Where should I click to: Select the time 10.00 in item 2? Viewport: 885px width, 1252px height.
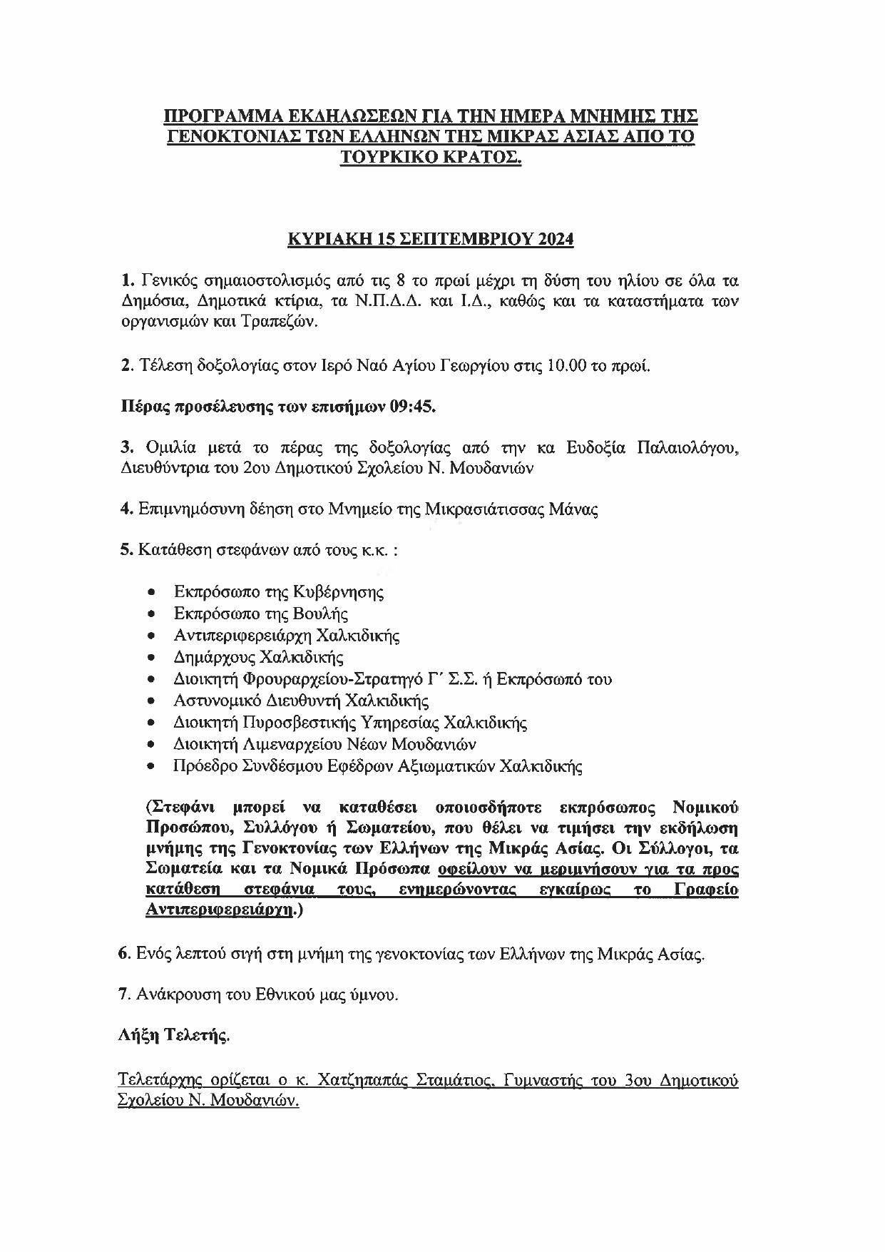pos(566,367)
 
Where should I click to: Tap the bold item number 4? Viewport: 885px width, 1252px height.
pos(124,509)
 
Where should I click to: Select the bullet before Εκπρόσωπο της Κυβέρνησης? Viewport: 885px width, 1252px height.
pos(151,592)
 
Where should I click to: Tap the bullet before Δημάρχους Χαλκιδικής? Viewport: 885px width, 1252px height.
pos(151,658)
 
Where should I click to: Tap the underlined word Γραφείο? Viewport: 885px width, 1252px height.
pos(705,890)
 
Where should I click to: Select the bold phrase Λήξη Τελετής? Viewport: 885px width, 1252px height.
pos(173,1036)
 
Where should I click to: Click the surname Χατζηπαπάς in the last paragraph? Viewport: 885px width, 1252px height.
pos(358,1080)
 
